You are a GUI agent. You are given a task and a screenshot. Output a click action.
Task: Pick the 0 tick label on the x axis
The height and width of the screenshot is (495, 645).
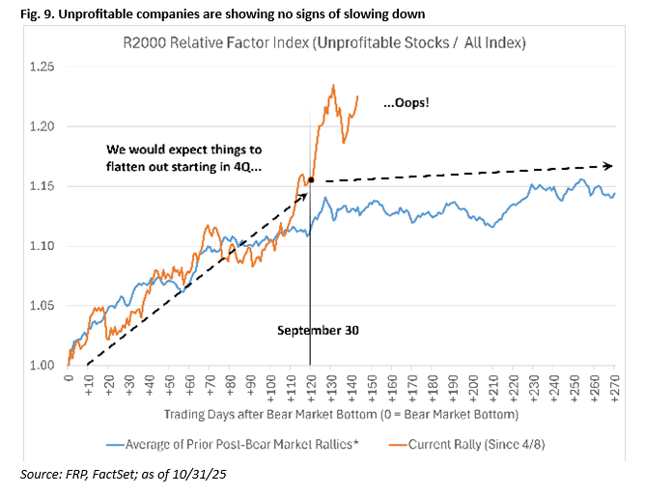[x=69, y=379]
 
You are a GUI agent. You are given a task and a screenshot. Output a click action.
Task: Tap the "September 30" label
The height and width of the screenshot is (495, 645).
[x=319, y=330]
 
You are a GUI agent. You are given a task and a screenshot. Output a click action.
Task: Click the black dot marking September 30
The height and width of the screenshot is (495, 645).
[x=310, y=179]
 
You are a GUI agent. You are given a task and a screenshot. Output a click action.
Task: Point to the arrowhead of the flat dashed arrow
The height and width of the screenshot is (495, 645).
[x=610, y=165]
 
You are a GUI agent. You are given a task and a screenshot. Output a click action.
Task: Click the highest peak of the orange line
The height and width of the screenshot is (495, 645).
[x=332, y=85]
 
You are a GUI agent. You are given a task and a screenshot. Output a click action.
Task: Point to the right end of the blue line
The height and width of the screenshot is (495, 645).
[x=615, y=194]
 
